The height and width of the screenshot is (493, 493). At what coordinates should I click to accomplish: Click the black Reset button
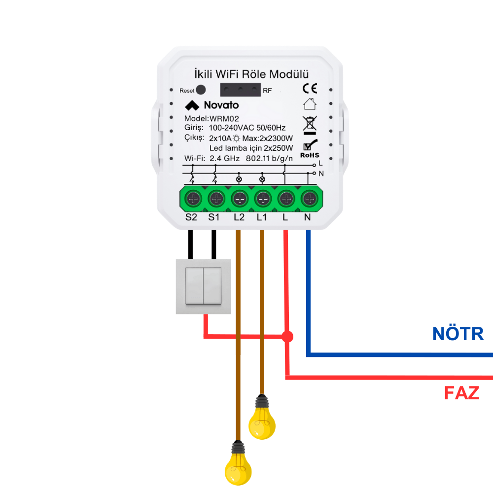click(201, 90)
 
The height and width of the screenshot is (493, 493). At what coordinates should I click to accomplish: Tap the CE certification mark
click(310, 89)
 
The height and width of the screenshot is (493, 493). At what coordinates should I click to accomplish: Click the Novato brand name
click(221, 105)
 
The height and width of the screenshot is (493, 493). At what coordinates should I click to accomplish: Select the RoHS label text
click(310, 155)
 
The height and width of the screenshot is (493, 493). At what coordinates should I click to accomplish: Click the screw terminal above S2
click(193, 199)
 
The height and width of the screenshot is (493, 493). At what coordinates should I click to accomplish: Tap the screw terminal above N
click(310, 199)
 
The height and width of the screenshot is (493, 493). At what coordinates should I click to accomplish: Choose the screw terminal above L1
click(263, 199)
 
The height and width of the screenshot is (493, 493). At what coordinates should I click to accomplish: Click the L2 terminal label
click(239, 217)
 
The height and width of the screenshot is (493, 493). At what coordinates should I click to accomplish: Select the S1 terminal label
click(214, 217)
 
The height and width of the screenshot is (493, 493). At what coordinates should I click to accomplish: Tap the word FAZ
click(461, 393)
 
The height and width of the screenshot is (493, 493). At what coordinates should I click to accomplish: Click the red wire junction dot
click(287, 337)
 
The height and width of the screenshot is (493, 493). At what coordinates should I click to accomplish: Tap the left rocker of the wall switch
click(194, 286)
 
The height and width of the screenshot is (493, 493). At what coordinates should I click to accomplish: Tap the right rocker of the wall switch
click(212, 286)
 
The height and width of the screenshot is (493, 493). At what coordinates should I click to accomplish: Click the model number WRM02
click(224, 118)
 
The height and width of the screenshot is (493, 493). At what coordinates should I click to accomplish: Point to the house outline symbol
click(310, 104)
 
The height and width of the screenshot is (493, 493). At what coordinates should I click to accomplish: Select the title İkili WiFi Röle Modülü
click(251, 74)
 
